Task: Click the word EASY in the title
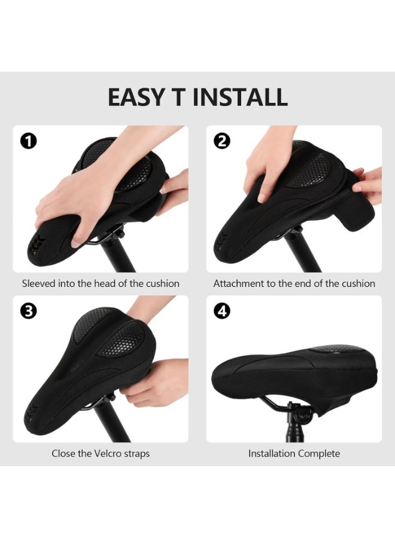(x=135, y=97)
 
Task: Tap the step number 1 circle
(x=28, y=141)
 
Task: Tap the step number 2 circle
(x=221, y=141)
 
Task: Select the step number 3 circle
(x=28, y=311)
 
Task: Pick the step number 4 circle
(x=221, y=311)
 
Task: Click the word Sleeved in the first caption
(x=40, y=283)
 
